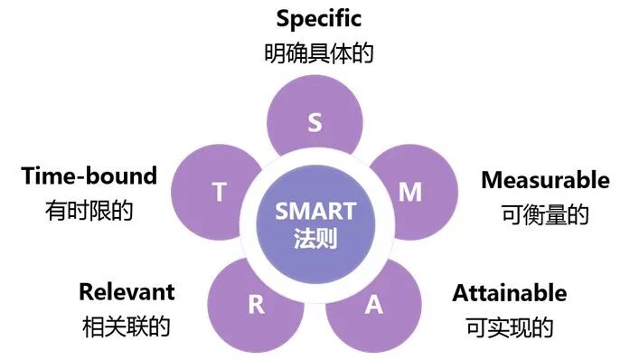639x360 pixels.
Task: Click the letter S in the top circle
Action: (315, 122)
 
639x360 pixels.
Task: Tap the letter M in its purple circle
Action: (410, 192)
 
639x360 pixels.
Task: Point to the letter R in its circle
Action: (257, 304)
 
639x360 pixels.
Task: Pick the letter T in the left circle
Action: (219, 192)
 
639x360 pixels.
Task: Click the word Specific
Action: (318, 18)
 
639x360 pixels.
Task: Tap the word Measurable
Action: (545, 180)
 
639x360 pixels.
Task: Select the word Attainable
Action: (510, 293)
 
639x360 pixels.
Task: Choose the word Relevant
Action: (127, 291)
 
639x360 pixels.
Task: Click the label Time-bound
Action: (89, 175)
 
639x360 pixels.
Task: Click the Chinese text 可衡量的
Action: (544, 214)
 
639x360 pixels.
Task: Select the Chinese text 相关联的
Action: (126, 326)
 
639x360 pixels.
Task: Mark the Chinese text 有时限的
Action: (89, 211)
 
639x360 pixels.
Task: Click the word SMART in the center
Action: (315, 212)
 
